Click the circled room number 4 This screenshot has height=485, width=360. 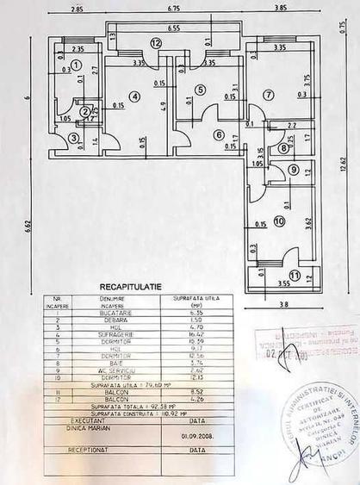coord(135,96)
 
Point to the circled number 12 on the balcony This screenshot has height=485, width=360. coord(156,41)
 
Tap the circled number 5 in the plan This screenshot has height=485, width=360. coord(200,89)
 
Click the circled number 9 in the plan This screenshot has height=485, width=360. coord(293,170)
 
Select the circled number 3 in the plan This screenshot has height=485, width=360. coord(74,137)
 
